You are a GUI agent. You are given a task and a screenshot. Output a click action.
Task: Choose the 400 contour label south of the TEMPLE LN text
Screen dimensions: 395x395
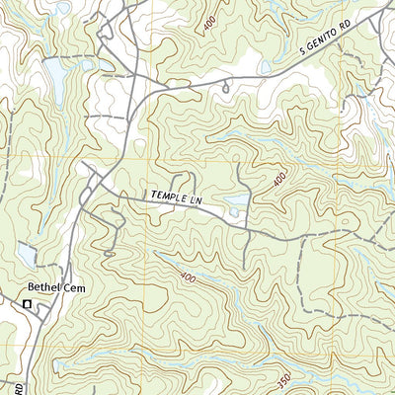[189, 280]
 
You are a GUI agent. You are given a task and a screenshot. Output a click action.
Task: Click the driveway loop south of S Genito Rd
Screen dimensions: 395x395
[228, 87]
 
